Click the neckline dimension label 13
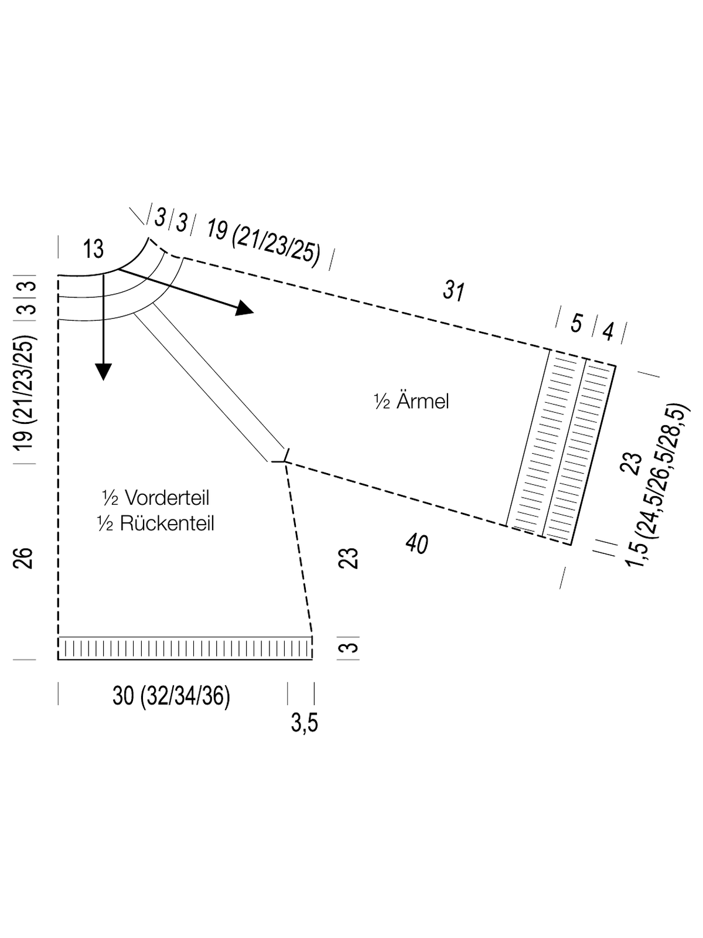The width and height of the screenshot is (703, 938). click(x=94, y=249)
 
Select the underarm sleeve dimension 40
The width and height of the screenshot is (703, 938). click(x=417, y=544)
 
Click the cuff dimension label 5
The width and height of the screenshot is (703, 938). click(x=576, y=324)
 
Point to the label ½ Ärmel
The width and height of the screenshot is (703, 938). click(x=411, y=402)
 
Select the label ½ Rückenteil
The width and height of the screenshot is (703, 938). click(x=156, y=523)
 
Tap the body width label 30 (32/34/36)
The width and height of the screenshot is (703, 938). click(x=171, y=696)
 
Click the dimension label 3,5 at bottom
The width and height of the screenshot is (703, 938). click(x=305, y=723)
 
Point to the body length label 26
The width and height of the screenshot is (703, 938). click(x=23, y=558)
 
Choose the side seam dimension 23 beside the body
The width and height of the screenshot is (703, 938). click(x=348, y=558)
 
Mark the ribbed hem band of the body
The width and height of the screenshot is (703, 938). click(x=185, y=648)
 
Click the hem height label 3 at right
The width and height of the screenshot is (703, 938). click(x=348, y=648)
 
